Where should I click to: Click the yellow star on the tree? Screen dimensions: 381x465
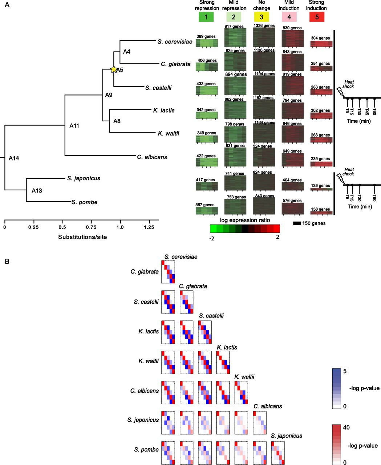pyautogui.click(x=114, y=69)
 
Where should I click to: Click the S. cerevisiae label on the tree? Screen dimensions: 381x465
pyautogui.click(x=175, y=42)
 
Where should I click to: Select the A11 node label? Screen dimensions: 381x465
pyautogui.click(x=74, y=126)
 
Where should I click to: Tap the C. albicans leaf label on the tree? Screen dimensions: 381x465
pyautogui.click(x=152, y=157)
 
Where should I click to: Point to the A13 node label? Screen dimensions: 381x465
pyautogui.click(x=37, y=190)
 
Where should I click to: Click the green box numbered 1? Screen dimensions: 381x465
pyautogui.click(x=206, y=17)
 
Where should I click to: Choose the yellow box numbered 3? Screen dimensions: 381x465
pyautogui.click(x=262, y=17)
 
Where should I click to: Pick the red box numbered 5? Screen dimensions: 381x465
pyautogui.click(x=317, y=17)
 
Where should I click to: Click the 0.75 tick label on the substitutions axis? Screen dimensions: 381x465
pyautogui.click(x=91, y=227)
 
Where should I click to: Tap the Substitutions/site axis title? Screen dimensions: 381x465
pyautogui.click(x=82, y=237)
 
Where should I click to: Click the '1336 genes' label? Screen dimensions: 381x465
pyautogui.click(x=264, y=25)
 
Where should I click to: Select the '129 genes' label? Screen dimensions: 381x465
pyautogui.click(x=320, y=186)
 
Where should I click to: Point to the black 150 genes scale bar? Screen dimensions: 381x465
pyautogui.click(x=297, y=223)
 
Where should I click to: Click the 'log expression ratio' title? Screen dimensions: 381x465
pyautogui.click(x=245, y=220)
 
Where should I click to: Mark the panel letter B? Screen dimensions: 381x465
pyautogui.click(x=7, y=261)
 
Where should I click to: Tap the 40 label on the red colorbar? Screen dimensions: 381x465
pyautogui.click(x=346, y=427)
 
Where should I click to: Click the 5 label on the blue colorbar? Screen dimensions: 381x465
pyautogui.click(x=345, y=371)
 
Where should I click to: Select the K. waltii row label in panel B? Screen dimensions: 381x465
pyautogui.click(x=149, y=361)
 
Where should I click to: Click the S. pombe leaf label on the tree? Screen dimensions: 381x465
pyautogui.click(x=85, y=202)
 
